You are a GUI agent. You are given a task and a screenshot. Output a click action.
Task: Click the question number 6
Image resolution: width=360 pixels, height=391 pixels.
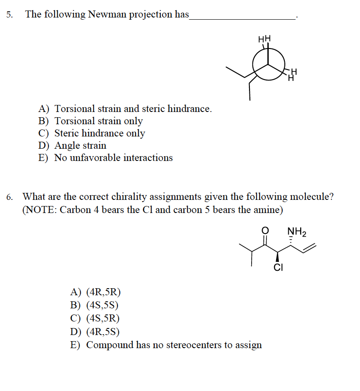tap(9, 197)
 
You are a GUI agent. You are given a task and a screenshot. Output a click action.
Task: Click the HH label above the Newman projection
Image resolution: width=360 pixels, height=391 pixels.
tap(265, 39)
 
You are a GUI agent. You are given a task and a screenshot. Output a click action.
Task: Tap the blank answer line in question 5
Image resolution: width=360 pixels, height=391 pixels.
tap(242, 17)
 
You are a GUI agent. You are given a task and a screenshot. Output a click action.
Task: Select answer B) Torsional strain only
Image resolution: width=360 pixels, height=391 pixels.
tap(91, 121)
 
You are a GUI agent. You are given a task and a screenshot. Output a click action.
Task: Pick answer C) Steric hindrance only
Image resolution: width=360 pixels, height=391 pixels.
tap(92, 133)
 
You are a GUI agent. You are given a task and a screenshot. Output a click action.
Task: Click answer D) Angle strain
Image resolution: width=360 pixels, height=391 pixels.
tap(73, 145)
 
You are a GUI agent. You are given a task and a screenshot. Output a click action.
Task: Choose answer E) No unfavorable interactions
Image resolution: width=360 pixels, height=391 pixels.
tap(106, 157)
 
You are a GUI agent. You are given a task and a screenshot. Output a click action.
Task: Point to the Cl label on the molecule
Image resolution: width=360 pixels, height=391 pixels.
tap(278, 268)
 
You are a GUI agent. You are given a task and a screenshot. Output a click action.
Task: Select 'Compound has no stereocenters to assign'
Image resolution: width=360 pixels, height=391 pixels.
tap(166, 345)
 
